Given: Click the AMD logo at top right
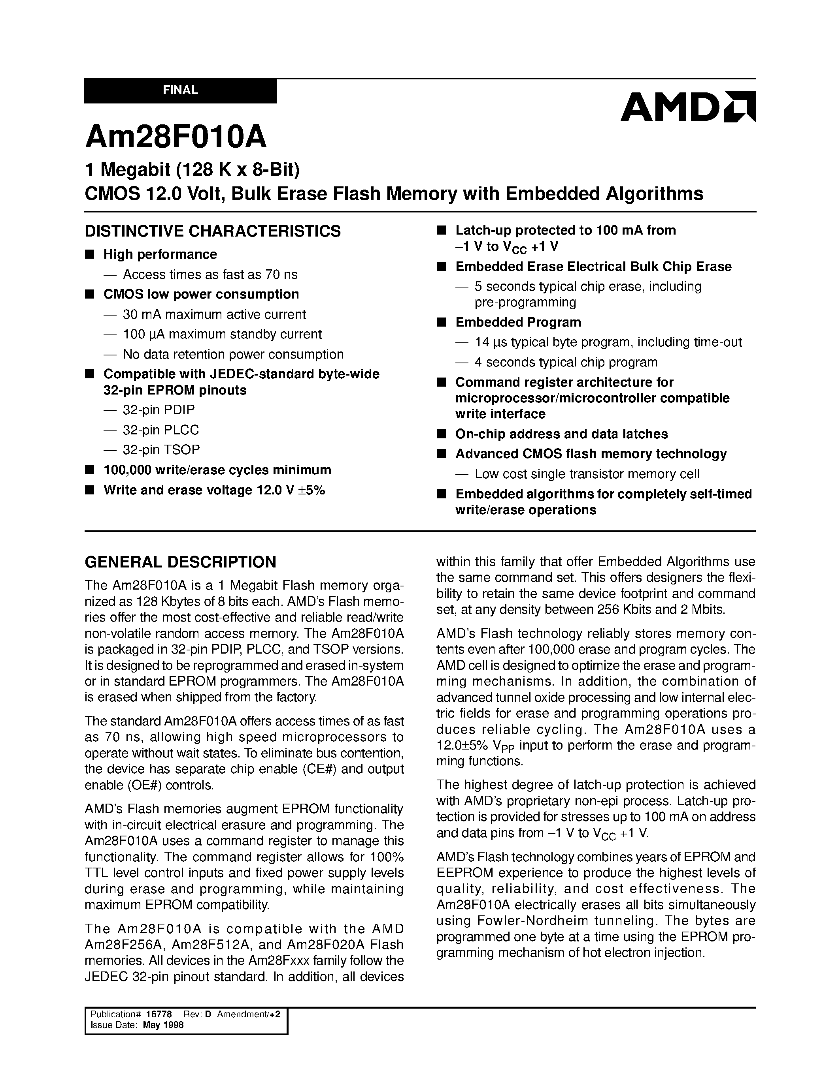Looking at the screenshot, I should (x=687, y=106).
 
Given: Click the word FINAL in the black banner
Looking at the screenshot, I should (x=180, y=90).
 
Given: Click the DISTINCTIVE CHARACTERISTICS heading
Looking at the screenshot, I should (x=213, y=231).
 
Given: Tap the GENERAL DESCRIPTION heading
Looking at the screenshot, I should (x=180, y=562).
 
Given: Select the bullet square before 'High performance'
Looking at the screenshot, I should (x=90, y=254).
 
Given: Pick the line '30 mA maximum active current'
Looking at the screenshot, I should (x=214, y=314).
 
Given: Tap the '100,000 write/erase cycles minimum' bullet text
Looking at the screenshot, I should (x=217, y=470).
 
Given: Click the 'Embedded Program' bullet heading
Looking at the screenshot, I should (x=518, y=322).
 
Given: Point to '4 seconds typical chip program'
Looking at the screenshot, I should (x=566, y=362).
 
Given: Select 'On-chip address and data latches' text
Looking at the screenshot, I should (x=561, y=434).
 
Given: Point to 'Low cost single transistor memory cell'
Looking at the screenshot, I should (x=587, y=474).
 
